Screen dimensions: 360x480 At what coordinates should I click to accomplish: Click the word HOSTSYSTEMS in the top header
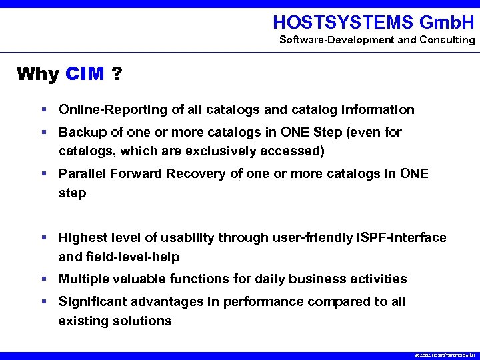343,23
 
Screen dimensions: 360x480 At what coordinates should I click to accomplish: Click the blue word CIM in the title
85,73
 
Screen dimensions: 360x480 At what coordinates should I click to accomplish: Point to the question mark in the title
117,73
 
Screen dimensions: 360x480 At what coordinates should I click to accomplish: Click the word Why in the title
38,73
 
